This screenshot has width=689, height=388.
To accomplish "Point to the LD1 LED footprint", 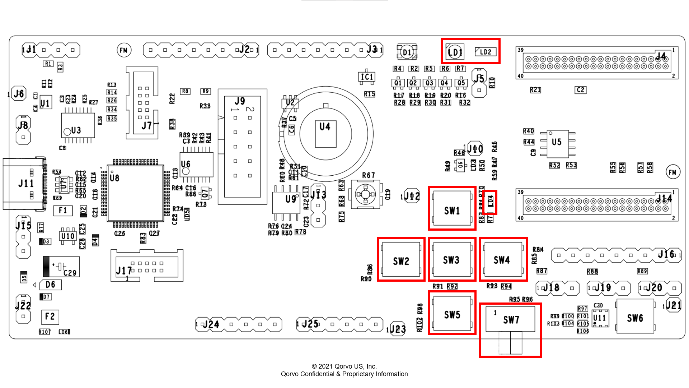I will coord(455,52).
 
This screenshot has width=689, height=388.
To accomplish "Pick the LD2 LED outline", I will coord(486,52).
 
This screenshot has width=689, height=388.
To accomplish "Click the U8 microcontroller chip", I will coord(136,193).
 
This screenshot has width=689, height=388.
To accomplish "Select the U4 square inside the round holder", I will coord(325,134).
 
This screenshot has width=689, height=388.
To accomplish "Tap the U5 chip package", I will coord(558,144).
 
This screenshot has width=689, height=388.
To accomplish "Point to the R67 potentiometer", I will coord(365,194).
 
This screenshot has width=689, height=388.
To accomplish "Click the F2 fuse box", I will coord(50,317).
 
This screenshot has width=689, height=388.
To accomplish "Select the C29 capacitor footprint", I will coord(61,267).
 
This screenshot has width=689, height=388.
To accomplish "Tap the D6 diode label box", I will coord(50,285).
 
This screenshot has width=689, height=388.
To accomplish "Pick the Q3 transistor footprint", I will coord(429,83).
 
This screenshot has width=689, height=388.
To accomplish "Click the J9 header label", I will coord(240,101).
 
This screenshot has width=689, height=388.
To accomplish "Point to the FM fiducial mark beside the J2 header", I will coord(124,50).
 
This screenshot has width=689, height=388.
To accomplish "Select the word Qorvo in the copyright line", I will coord(343,366).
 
